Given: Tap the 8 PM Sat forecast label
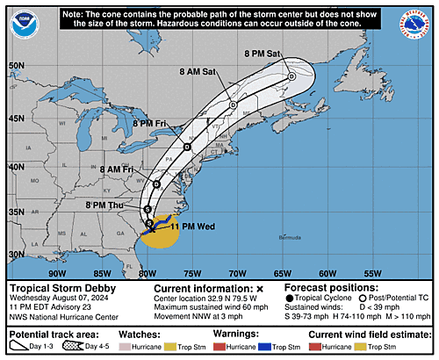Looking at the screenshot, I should [x=264, y=55].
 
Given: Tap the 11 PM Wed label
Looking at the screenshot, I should [x=194, y=227].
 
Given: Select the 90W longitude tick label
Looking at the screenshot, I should [x=56, y=272].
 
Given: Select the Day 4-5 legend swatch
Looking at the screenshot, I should [x=90, y=348].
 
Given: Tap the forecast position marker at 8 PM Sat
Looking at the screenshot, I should [x=291, y=76].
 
